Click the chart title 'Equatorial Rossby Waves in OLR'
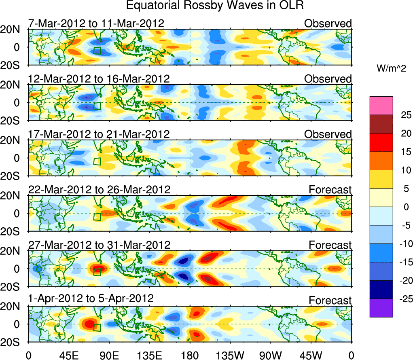(214, 6)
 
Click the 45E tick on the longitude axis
(68, 355)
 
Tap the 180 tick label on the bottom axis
(190, 355)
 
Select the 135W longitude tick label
(230, 355)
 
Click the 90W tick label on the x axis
(271, 355)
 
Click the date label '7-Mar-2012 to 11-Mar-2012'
(96, 23)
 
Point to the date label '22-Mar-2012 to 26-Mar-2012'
(99, 189)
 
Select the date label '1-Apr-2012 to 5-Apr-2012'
(91, 299)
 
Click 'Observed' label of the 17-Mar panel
(328, 134)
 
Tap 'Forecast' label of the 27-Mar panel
(330, 245)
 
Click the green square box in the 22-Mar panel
(97, 216)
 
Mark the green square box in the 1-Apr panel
(97, 327)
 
